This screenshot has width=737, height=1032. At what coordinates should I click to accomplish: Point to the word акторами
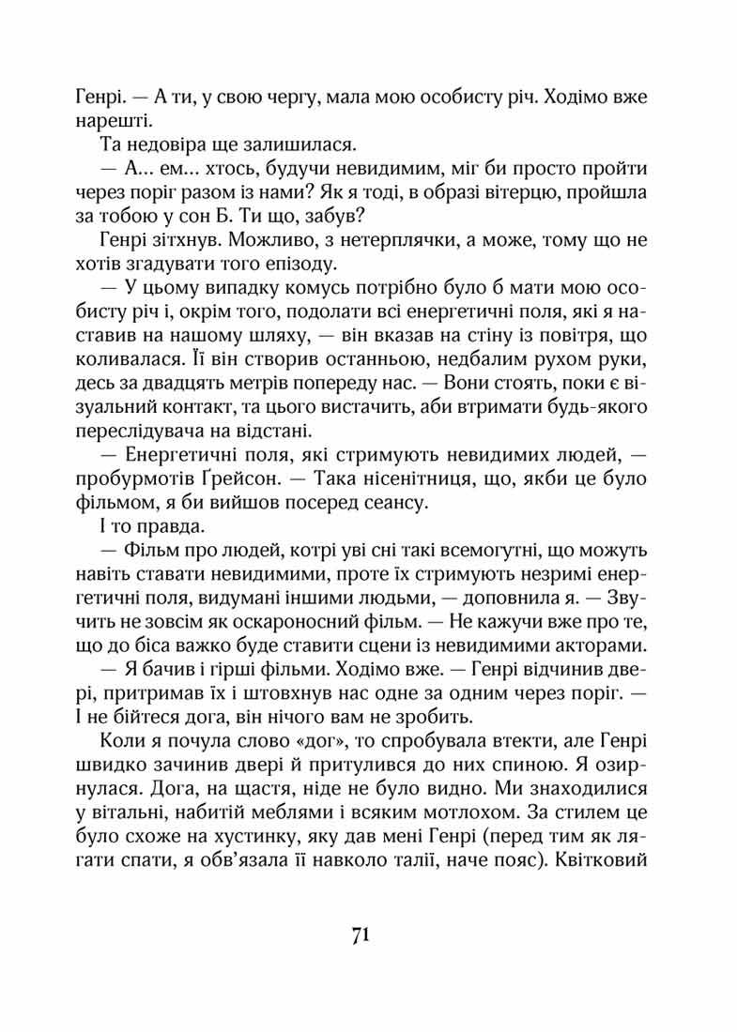coord(593,645)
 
